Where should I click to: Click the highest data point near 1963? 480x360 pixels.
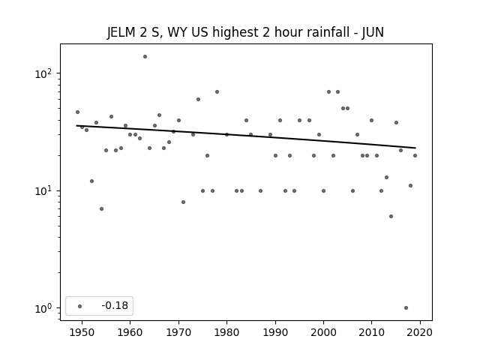(145, 57)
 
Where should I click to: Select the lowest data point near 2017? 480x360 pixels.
(406, 308)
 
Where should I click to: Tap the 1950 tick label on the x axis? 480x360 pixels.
(82, 332)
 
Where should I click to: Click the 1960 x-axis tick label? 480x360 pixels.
(130, 332)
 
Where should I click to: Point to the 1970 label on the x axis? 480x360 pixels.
(178, 332)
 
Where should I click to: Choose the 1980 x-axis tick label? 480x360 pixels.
(226, 332)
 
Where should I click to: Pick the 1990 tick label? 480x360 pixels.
(275, 332)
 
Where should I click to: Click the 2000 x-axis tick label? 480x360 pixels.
(323, 332)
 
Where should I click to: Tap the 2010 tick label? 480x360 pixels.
(372, 332)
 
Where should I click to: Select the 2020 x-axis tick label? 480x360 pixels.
(420, 332)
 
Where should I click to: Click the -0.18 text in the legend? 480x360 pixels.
(115, 305)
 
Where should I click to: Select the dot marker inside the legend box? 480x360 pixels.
(80, 306)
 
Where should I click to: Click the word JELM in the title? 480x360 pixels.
(121, 32)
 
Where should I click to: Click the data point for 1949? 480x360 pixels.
(77, 112)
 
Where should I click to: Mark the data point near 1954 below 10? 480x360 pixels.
(102, 208)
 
